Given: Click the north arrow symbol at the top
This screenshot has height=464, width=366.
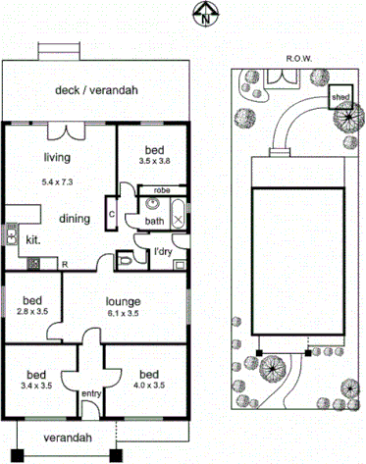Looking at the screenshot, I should pos(203,13).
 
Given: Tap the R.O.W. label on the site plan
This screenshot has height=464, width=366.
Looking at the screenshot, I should pos(298,58).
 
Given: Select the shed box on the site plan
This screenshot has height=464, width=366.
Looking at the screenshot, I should pos(340,98).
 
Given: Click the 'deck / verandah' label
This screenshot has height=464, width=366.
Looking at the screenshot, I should pos(96,90).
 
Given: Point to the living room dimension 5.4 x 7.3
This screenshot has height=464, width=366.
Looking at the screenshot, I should pos(57,181).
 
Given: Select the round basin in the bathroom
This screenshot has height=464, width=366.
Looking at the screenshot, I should pos(151,205).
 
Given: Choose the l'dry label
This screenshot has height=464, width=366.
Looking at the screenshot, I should pos(164,254).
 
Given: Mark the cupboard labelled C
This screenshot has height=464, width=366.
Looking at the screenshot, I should pos(113,213).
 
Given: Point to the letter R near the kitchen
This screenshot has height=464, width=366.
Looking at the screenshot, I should pos(64,265).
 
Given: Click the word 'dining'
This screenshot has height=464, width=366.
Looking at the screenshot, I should pos(76,218).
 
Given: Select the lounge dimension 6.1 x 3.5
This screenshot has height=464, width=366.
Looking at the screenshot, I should pos(124,314).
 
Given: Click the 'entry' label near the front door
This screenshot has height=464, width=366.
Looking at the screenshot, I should pos(91,394).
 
